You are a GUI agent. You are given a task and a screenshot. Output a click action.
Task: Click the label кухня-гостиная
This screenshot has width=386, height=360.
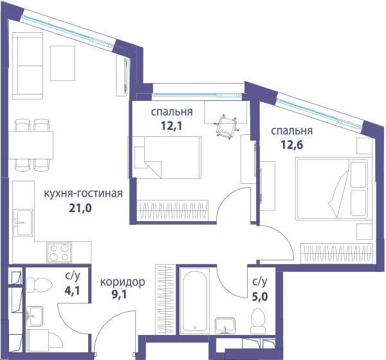83,194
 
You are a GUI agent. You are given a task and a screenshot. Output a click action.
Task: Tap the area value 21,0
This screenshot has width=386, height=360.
80,208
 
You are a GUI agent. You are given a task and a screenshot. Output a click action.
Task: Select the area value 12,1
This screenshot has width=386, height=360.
172,126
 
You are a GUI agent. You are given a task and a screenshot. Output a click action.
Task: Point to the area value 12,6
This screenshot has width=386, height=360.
292,145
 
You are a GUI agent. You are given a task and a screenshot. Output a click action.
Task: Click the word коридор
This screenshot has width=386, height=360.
123,282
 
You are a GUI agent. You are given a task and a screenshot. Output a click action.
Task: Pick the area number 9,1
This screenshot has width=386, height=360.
120,294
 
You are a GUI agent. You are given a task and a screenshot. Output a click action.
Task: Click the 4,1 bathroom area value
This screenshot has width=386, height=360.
72,291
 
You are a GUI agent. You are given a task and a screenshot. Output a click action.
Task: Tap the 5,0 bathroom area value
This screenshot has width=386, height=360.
260,296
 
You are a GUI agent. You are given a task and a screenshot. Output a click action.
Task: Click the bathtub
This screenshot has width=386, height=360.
195,301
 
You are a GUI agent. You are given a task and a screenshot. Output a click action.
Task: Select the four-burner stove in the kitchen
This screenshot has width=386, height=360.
59,253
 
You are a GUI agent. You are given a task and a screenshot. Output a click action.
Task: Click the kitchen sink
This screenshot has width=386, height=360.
23,222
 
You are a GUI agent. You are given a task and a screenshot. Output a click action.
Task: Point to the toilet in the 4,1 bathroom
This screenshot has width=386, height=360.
39,285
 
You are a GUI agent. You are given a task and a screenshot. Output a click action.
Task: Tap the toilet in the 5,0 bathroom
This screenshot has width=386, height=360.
258,321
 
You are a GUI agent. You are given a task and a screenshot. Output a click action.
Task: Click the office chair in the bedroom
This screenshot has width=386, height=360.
226,127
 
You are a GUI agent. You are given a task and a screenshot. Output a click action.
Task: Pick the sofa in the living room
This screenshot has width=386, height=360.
28,66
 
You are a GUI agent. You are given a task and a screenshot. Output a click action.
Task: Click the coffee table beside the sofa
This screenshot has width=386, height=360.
62,63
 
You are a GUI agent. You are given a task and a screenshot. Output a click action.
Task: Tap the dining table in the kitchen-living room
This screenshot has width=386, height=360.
31,145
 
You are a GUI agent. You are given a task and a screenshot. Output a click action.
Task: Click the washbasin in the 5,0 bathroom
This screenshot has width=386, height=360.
225,326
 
